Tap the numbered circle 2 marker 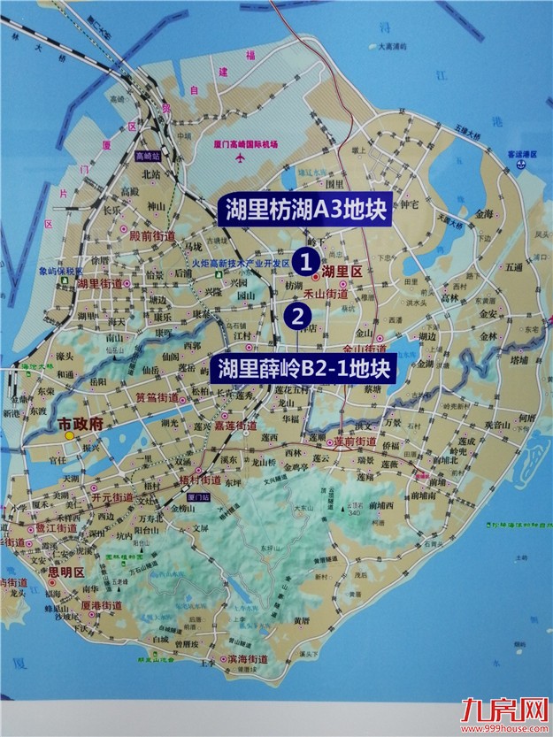click(x=299, y=313)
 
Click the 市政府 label click(x=81, y=424)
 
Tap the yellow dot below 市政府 click(x=69, y=435)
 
